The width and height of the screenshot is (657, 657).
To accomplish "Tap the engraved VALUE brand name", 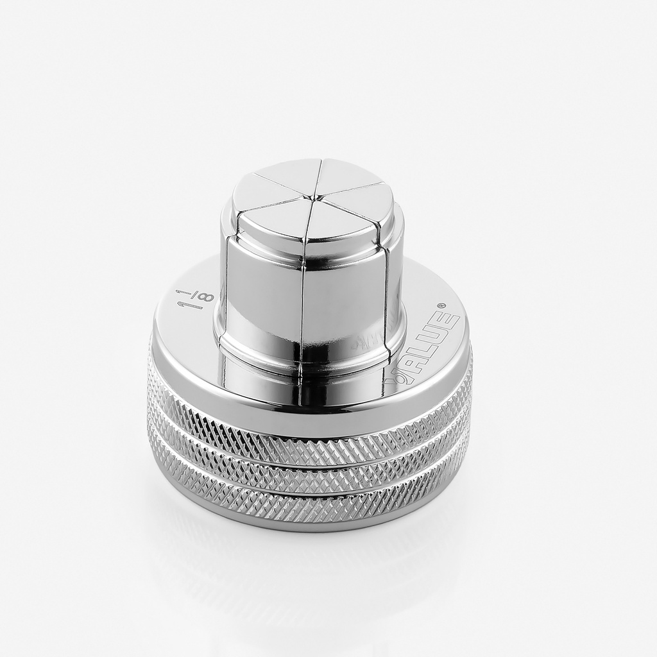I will click(x=424, y=349).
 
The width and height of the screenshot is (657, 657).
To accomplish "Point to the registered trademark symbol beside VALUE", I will click(x=441, y=306).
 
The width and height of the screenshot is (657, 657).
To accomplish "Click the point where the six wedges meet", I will click(x=314, y=196).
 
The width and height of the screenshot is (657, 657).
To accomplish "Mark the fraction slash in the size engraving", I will click(x=192, y=307).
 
